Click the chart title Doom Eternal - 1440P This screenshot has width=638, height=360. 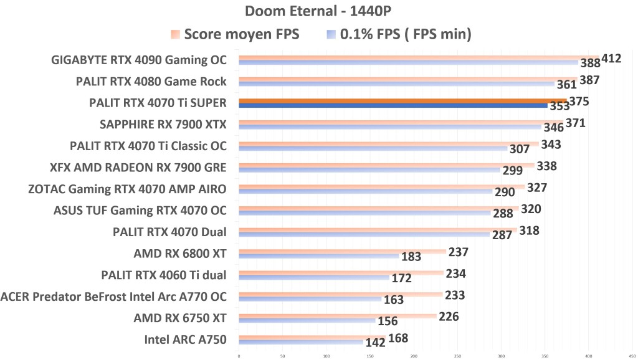318,11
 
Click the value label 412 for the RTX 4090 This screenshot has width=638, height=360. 611,59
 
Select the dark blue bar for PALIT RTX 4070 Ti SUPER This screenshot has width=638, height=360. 393,105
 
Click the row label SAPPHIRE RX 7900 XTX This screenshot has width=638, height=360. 163,125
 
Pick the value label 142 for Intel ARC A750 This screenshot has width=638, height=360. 376,343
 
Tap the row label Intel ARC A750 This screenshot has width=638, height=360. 185,339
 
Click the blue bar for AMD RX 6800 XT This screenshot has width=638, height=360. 318,256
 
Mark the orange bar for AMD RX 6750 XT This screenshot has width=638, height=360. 336,316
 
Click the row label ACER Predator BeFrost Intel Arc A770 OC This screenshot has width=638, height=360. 114,296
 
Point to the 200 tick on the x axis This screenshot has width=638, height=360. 414,356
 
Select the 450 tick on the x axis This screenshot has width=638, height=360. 632,356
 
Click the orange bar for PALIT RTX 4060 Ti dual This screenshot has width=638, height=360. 340,273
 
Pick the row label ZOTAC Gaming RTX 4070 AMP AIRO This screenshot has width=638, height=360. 128,189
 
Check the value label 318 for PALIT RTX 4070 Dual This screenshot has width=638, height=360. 529,230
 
